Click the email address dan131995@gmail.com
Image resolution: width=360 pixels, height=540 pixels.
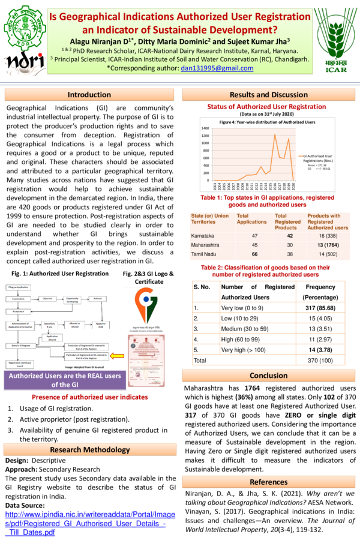click(217, 68)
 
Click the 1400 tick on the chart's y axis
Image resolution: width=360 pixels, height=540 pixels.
click(205, 128)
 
